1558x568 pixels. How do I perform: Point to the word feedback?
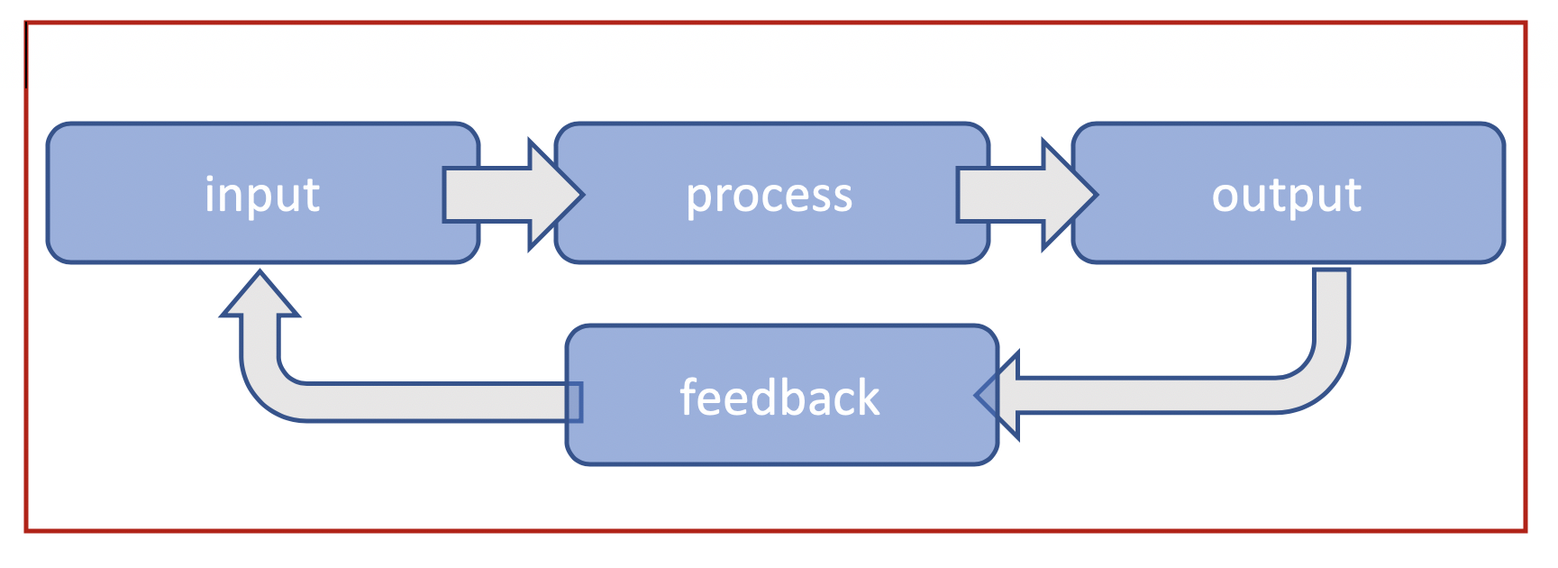point(779,399)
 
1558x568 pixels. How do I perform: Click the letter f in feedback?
point(688,397)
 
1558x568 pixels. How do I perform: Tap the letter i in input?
point(210,193)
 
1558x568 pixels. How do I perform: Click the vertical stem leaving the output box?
point(1332,307)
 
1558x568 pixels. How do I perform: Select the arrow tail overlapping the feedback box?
point(573,402)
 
